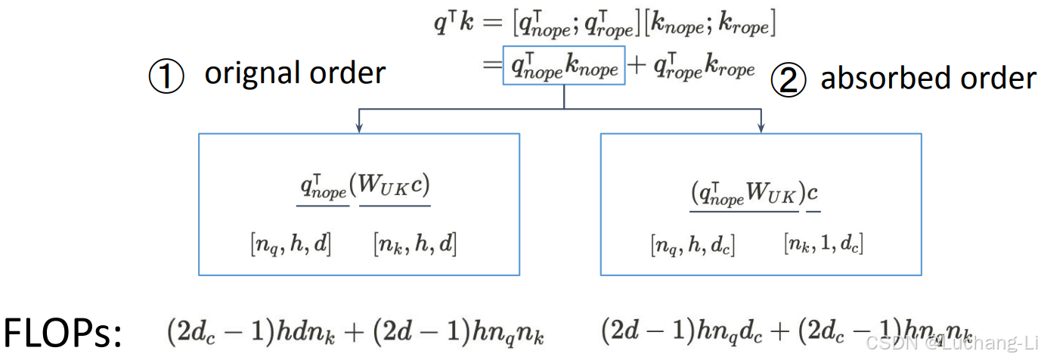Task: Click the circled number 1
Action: point(166,77)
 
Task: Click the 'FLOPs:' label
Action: point(63,334)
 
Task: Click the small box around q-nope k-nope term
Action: point(563,66)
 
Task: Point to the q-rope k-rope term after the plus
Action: point(703,68)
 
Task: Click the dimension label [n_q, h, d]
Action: point(291,244)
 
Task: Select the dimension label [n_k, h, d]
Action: point(415,244)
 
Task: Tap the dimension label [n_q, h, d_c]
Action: point(692,245)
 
